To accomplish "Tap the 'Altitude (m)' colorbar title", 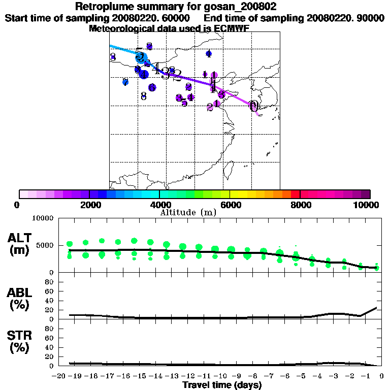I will point(188,212).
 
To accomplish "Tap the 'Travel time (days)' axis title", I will point(222,385).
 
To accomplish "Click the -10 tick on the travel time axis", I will point(219,376).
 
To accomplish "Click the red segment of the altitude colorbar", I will point(295,194).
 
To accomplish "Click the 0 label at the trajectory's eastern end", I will point(253,106).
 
